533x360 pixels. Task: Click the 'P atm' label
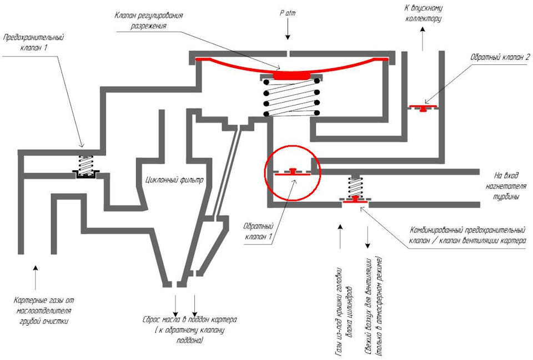tap(288, 13)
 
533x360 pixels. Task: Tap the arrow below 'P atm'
tap(288, 29)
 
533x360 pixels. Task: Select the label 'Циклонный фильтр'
tap(174, 179)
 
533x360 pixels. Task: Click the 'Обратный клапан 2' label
tap(500, 57)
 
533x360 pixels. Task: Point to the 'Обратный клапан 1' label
tap(259, 231)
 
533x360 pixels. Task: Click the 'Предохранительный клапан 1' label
tap(33, 42)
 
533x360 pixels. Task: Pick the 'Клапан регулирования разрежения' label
tap(149, 21)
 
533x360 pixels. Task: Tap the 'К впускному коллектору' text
tap(423, 13)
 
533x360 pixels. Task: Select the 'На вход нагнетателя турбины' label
tap(506, 186)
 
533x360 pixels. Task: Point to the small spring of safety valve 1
tap(86, 165)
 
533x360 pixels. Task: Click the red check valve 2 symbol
tap(423, 108)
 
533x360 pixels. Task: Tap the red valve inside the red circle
tap(293, 172)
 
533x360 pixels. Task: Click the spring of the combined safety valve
tap(355, 187)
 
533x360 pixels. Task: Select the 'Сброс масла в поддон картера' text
tap(190, 320)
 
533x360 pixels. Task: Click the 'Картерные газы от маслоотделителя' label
tap(44, 306)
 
